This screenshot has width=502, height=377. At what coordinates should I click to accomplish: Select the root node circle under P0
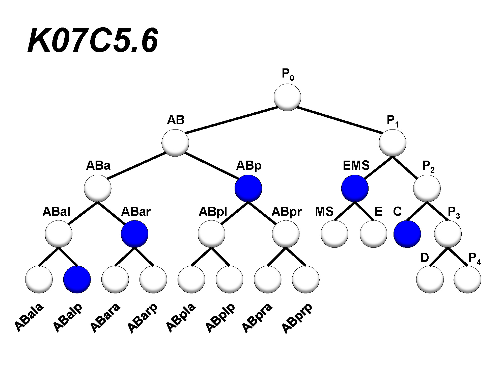287,97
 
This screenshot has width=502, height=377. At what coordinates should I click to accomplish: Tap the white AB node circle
175,143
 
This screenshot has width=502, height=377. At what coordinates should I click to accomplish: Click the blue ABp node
248,188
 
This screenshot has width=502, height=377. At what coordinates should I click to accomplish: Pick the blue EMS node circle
355,188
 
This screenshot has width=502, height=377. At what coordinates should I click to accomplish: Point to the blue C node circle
407,234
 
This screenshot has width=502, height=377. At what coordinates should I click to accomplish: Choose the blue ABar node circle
134,234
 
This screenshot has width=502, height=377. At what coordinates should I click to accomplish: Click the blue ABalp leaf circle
77,280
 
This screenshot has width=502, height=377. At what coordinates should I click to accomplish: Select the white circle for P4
467,280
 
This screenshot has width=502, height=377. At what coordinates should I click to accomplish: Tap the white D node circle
430,280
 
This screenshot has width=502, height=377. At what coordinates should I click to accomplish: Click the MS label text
324,212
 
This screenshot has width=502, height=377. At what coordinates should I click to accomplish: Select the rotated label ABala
29,318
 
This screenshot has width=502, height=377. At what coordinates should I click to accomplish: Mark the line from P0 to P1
339,120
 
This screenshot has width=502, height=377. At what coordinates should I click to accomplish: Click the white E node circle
373,234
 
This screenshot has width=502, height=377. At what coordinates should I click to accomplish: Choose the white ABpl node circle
211,234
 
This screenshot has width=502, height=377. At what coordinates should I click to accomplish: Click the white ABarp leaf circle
153,280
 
